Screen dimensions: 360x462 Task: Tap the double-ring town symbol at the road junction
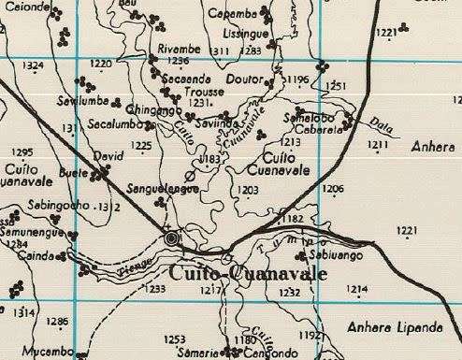pos(171,239)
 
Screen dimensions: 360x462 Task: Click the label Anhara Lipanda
pos(394,327)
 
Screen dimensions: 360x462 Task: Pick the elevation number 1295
pos(22,152)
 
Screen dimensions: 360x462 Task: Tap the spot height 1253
pos(175,338)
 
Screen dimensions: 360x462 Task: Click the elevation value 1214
pos(356,290)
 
